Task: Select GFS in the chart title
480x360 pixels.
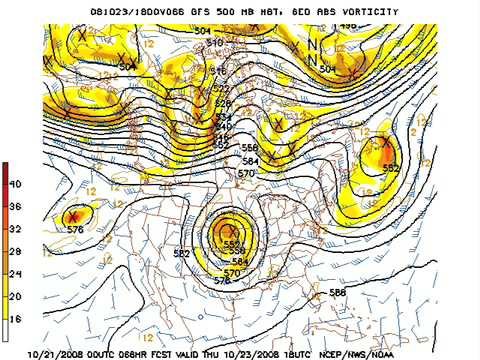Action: coord(177,10)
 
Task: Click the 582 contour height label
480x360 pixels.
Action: coord(181,253)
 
